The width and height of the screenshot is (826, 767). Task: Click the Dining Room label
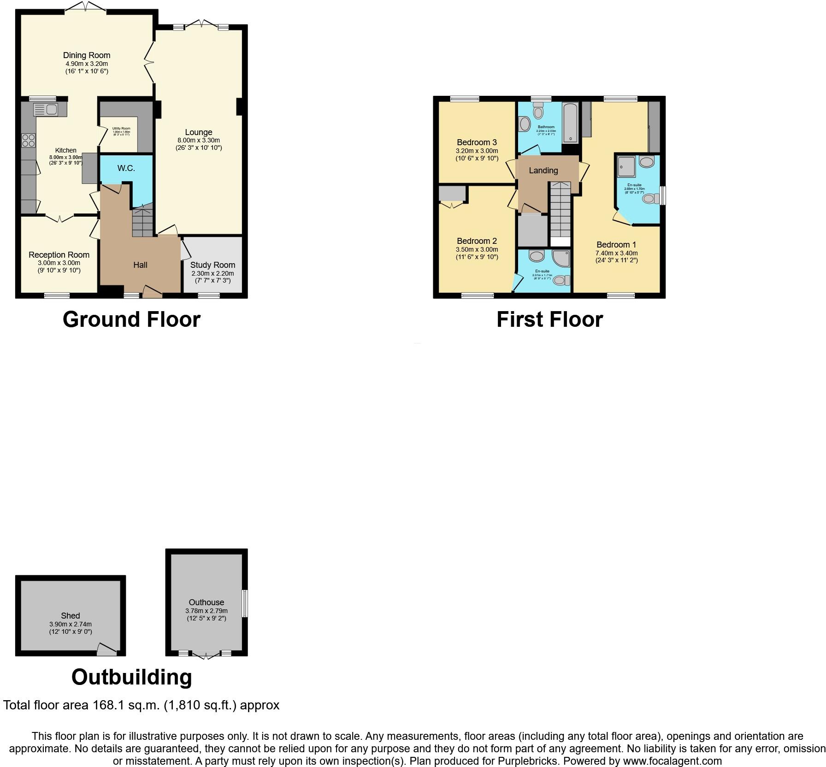point(87,55)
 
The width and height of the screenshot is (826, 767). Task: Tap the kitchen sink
point(45,110)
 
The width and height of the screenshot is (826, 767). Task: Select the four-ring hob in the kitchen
point(28,140)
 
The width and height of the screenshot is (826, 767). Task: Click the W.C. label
point(126,168)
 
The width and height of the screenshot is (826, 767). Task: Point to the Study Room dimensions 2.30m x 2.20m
point(212,273)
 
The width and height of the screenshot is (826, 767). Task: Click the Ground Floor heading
point(131,319)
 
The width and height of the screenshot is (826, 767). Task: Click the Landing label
point(543,171)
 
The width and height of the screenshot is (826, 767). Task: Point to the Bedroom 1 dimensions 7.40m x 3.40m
point(616,253)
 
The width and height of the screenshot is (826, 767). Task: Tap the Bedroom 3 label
point(477,142)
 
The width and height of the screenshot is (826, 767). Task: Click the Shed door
point(107,650)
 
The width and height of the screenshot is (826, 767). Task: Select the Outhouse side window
point(245,603)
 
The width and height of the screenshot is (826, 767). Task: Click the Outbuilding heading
point(131,677)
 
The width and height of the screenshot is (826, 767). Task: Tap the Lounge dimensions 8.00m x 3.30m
point(199,141)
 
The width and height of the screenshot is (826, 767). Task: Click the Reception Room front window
point(57,295)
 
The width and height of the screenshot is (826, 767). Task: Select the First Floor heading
point(549,319)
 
